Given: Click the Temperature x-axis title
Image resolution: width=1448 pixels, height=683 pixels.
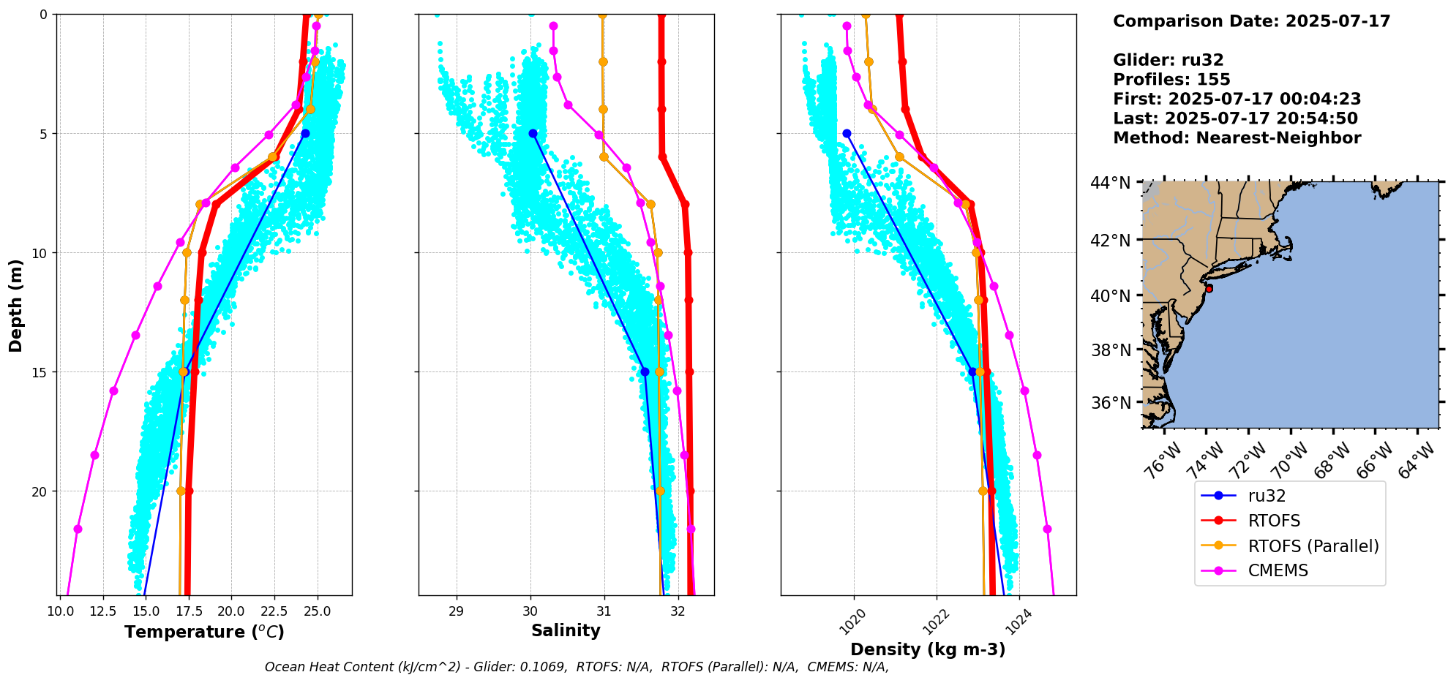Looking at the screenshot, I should pos(204,632).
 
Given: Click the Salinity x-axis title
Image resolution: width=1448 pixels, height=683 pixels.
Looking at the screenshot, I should pos(566,631).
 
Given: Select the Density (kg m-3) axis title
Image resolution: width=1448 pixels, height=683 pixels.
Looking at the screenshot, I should pos(928,649).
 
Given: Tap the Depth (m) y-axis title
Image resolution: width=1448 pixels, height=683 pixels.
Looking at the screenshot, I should pos(16,306).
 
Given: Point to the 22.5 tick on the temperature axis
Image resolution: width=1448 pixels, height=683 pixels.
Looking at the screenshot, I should pos(273,611).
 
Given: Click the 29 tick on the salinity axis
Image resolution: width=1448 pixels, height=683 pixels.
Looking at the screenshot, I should pos(457,611).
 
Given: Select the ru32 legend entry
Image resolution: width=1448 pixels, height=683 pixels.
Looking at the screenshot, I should pos(1267,496).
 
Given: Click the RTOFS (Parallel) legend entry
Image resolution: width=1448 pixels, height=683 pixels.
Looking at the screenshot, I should pos(1313,546).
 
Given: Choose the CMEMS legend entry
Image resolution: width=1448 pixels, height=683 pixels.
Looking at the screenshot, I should pos(1278,571).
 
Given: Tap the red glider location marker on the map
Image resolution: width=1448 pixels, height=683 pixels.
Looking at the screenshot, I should pos(1209,289).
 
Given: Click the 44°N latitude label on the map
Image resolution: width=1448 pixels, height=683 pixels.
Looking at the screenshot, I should pos(1110,183).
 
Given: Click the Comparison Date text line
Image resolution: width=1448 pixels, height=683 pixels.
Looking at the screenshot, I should pos(1251,21).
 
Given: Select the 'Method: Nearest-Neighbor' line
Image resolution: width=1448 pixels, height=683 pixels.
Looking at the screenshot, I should pos(1237,138).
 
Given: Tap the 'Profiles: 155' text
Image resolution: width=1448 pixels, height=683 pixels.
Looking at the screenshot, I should pos(1171,80).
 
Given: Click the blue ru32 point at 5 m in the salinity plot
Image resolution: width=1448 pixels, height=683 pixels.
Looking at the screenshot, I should pos(533,134).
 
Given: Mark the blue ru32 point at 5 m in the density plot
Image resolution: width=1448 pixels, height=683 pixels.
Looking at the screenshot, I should pos(847,134).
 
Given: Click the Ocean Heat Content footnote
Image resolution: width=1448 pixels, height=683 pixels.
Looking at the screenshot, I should pos(577,667).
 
